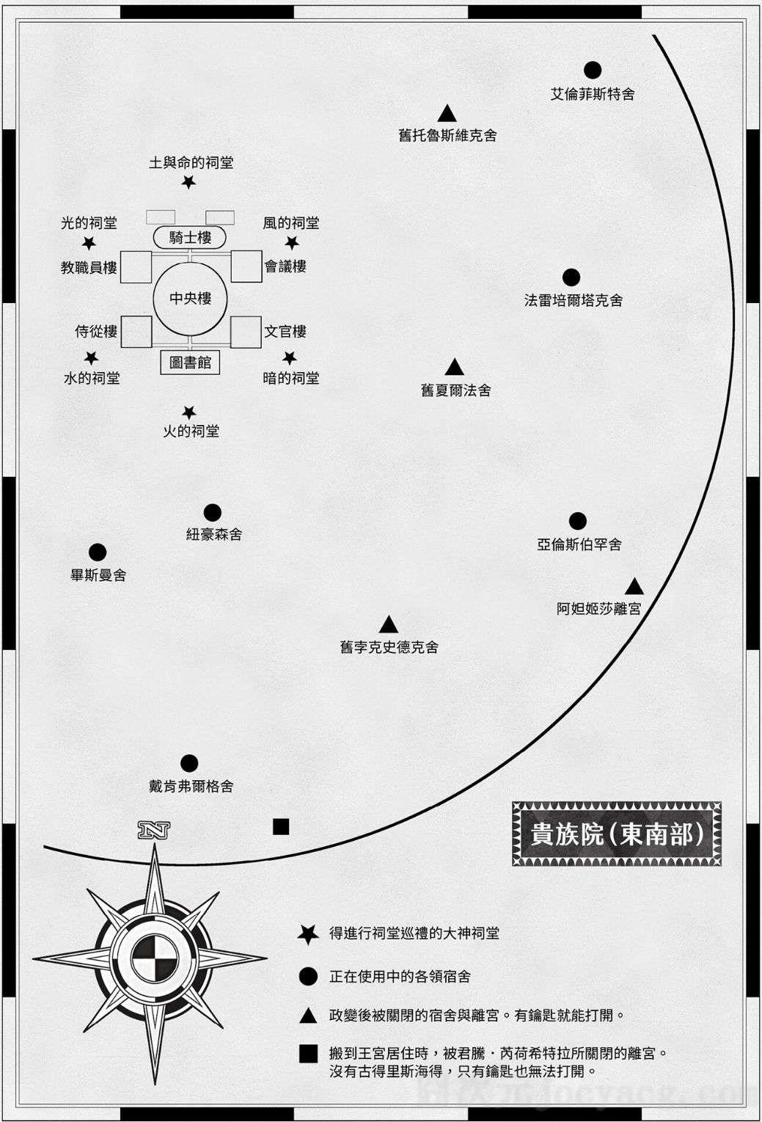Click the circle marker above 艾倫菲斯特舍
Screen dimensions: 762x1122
[593, 70]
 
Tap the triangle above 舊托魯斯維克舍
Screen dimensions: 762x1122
[447, 114]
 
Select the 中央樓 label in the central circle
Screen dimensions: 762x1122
[190, 299]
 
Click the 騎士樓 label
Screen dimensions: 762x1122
[190, 238]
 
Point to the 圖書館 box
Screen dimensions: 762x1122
[190, 363]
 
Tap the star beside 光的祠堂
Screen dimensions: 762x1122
[89, 244]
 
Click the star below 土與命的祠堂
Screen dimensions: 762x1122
[188, 182]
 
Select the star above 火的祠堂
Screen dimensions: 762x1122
[188, 412]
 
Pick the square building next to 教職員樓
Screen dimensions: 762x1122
[136, 267]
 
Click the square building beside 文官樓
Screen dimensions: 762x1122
[246, 332]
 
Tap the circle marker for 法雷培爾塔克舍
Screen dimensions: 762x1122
[571, 277]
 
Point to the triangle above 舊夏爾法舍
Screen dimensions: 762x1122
[454, 367]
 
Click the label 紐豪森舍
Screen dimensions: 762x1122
[214, 534]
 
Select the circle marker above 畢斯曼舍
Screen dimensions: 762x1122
[97, 553]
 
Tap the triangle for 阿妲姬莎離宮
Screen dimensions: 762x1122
[634, 586]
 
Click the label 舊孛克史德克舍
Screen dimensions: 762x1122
[389, 648]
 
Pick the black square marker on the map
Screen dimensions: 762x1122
[281, 826]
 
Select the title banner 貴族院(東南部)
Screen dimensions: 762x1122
[616, 834]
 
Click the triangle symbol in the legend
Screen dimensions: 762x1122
[308, 1016]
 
